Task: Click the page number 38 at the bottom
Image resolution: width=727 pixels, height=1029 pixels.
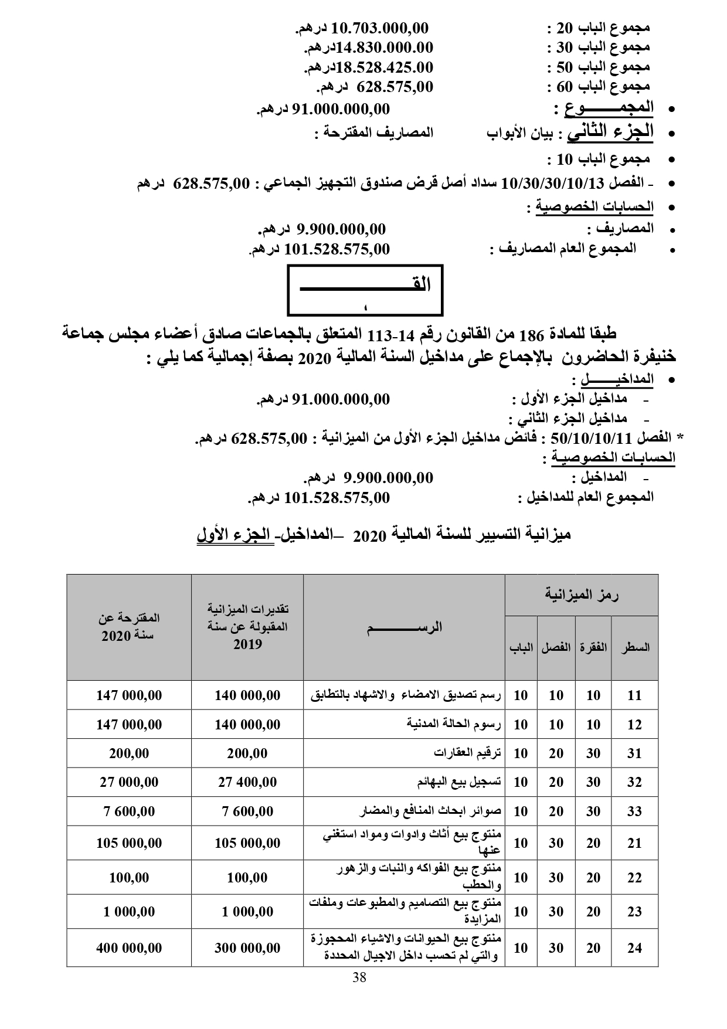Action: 360,977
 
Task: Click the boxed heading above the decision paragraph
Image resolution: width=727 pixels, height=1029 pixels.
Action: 365,290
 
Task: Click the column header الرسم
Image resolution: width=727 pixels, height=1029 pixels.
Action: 405,627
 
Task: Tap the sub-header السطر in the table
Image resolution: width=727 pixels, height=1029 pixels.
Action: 635,648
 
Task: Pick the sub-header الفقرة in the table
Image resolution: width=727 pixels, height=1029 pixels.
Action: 593,648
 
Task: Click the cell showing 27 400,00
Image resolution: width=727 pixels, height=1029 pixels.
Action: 247,782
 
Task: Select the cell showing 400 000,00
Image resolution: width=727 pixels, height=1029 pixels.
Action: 129,948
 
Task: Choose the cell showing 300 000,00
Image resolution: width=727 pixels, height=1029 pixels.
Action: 247,948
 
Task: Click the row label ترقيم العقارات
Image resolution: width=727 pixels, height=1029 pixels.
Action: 467,753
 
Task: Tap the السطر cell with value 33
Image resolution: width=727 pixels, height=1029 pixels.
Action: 635,811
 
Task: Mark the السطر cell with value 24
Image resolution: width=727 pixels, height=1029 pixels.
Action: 635,948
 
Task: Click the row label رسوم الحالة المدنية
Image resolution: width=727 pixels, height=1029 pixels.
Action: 454,724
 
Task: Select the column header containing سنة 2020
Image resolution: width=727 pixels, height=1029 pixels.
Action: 129,627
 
